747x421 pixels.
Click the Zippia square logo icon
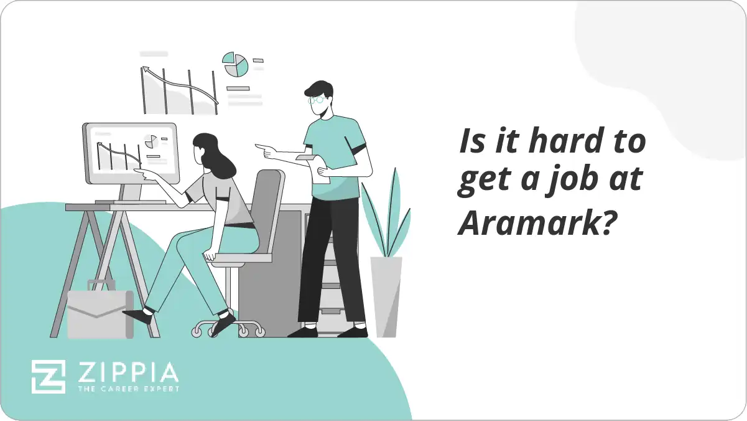click(49, 377)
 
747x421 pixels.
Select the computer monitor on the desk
click(130, 153)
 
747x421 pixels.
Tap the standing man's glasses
click(315, 99)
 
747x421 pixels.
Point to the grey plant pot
click(386, 296)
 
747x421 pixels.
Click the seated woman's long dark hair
click(214, 156)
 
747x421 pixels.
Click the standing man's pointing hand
click(264, 149)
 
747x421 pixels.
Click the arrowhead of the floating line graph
click(146, 70)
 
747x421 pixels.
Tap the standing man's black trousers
click(330, 262)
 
